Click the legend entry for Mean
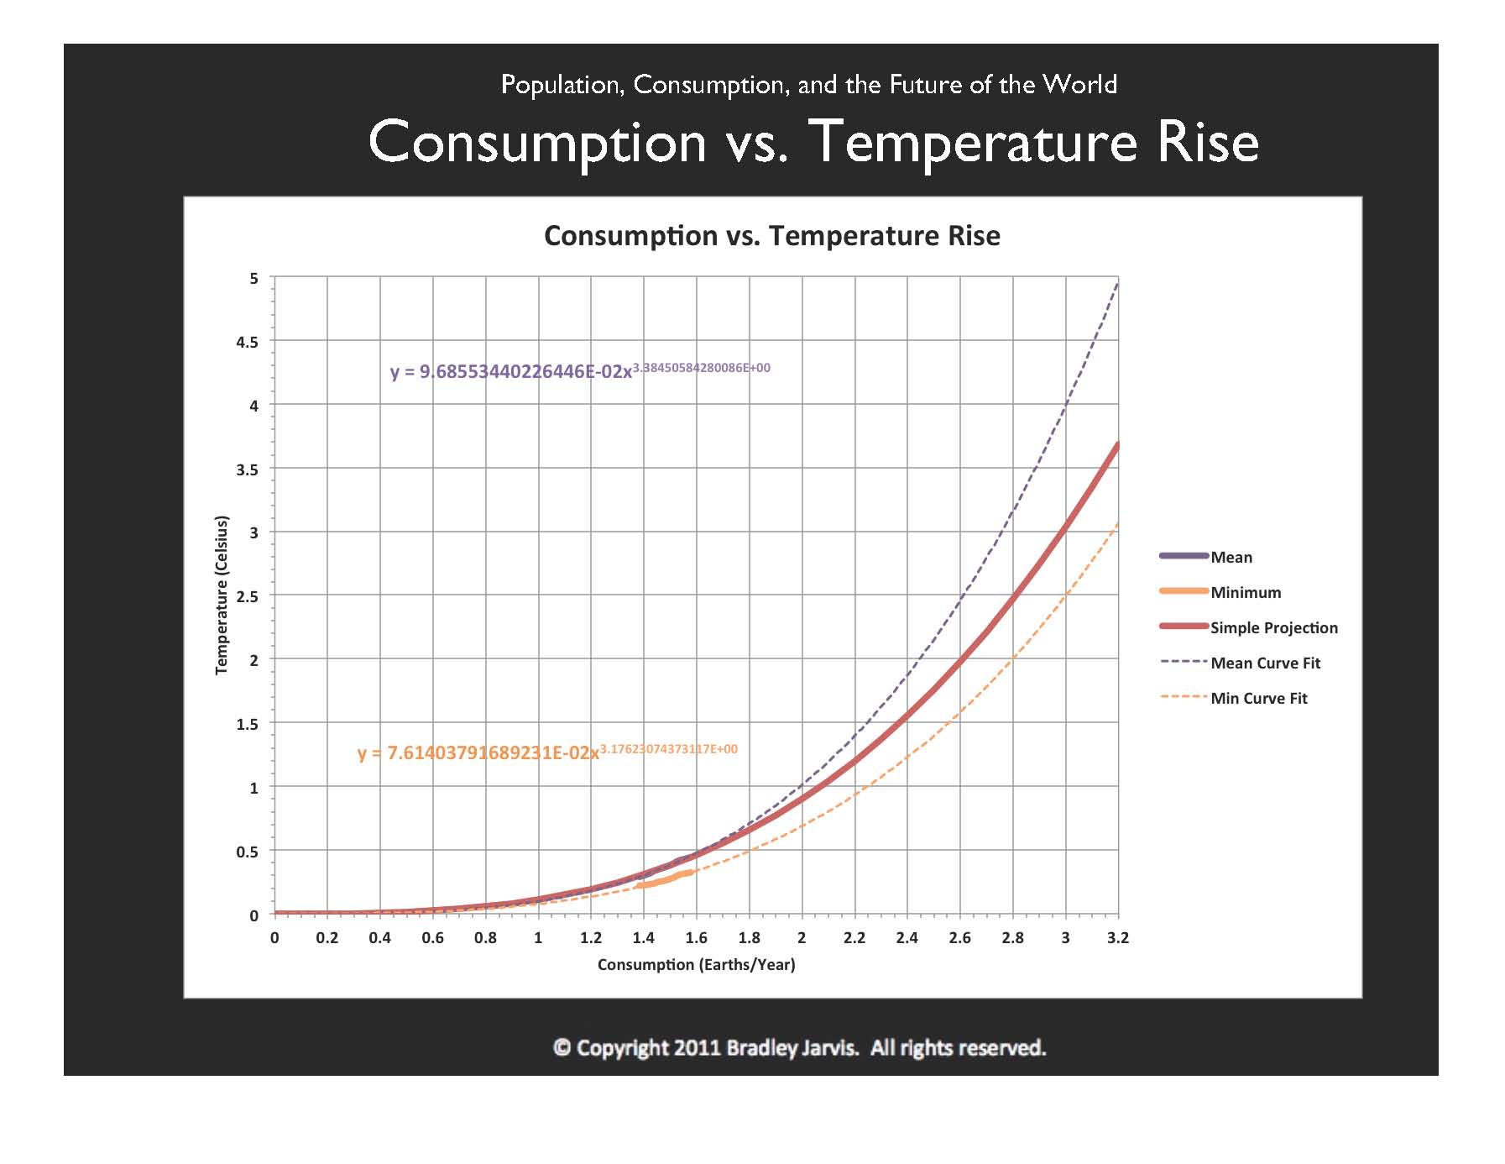(1231, 557)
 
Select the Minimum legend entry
(1245, 592)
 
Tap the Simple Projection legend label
(1273, 627)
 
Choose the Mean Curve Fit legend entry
(1265, 663)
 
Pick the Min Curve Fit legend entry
(1258, 698)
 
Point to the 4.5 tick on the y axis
(248, 342)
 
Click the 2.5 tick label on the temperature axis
(248, 596)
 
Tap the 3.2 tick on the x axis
(1118, 937)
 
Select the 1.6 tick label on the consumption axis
(696, 937)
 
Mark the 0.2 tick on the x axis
(327, 937)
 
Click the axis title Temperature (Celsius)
(222, 595)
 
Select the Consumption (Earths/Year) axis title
(696, 964)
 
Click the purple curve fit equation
(579, 370)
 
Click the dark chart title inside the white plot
(771, 236)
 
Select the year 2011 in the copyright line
(698, 1048)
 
